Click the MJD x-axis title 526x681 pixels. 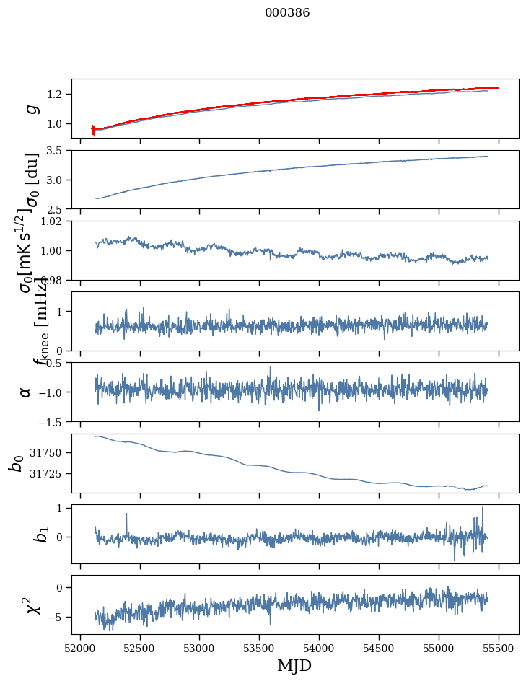tap(294, 665)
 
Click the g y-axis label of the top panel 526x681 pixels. tap(30, 108)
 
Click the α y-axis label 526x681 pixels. tap(26, 392)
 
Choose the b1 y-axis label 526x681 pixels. tap(22, 534)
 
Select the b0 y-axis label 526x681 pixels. tap(17, 462)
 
